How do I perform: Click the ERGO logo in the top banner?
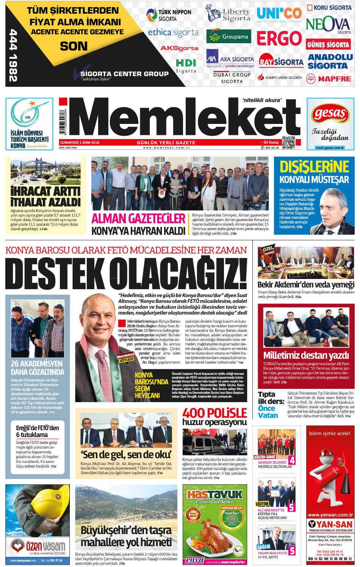click(279, 38)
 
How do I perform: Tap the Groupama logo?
click(229, 37)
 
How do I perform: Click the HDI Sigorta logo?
click(186, 66)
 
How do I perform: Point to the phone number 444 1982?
click(13, 55)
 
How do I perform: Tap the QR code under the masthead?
click(288, 143)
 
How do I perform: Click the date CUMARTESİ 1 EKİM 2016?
click(80, 143)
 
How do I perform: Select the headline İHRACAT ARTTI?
click(45, 191)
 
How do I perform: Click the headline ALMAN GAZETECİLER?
click(138, 219)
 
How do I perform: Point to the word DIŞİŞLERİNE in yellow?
click(314, 167)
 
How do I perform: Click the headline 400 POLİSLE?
click(214, 413)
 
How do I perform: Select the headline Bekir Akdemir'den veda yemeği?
click(306, 285)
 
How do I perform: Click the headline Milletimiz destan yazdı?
click(306, 356)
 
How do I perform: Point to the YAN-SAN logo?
click(330, 524)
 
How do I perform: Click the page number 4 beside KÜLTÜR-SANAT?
click(292, 460)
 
